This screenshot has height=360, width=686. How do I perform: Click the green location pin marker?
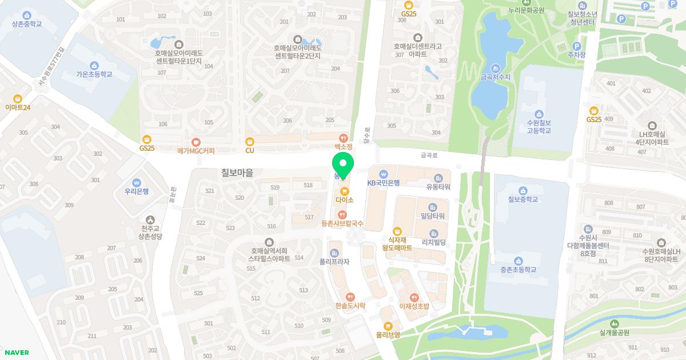[344, 165]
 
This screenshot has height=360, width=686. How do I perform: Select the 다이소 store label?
[345, 200]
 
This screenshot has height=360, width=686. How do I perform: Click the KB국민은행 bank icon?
[384, 174]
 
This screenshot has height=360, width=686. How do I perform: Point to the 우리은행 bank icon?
[137, 182]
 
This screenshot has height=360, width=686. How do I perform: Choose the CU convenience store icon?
[249, 141]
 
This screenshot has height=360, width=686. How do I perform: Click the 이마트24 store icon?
[18, 98]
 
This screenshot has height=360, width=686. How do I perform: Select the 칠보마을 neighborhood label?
[237, 171]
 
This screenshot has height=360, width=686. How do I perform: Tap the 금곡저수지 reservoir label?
[495, 76]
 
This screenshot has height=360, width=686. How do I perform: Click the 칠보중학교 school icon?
[523, 190]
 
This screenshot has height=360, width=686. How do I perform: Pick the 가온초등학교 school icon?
[94, 65]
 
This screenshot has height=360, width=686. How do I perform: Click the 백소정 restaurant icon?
[343, 138]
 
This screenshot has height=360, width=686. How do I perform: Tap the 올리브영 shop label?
[388, 334]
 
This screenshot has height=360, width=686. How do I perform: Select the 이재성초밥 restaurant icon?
[414, 297]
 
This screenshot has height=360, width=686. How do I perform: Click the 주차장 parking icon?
[577, 46]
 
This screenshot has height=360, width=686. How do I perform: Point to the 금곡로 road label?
[429, 155]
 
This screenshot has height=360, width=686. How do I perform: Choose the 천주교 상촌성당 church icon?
[150, 219]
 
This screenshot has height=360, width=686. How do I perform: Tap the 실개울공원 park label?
[615, 332]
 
